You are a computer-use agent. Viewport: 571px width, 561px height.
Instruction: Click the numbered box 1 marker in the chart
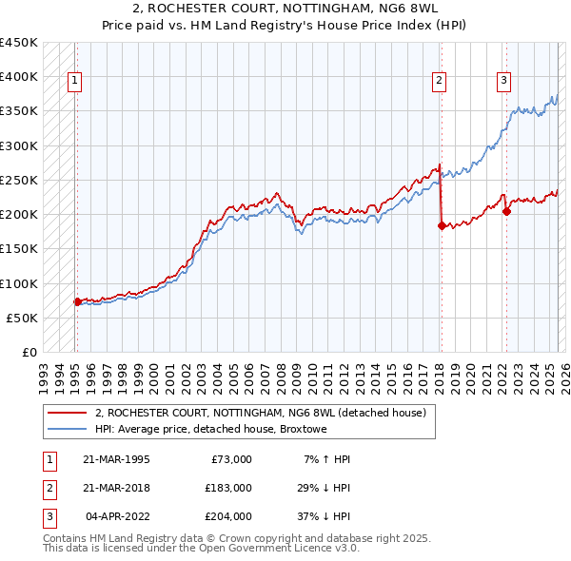click(x=74, y=81)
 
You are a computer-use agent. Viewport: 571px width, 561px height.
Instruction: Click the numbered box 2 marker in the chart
click(x=439, y=81)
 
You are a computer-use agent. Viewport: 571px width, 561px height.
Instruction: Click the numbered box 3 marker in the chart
click(x=503, y=81)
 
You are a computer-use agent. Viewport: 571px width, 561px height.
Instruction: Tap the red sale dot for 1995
click(x=77, y=301)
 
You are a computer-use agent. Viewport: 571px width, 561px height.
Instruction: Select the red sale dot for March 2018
click(x=442, y=226)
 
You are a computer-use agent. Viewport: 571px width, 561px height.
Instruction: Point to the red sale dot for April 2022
click(x=506, y=212)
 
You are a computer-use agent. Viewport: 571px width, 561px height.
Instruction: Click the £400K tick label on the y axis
click(x=18, y=77)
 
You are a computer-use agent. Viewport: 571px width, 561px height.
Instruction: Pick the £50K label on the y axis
click(x=22, y=318)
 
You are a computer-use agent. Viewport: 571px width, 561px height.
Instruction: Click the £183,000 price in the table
click(x=228, y=488)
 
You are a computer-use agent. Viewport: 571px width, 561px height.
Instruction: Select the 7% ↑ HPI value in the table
click(x=326, y=459)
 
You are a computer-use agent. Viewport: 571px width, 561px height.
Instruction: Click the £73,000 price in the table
click(x=231, y=459)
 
